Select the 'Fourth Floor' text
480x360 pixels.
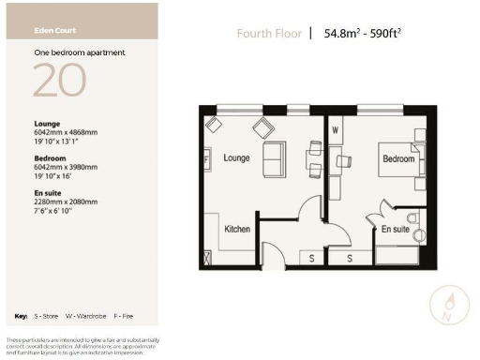[268, 36]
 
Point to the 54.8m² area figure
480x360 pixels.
[343, 36]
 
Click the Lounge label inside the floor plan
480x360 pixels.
[237, 158]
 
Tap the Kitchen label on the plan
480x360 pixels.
[238, 229]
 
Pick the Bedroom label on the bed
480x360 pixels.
[397, 159]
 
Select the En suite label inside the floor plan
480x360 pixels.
[394, 229]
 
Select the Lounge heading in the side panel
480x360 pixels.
[47, 124]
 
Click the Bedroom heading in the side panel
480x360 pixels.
[49, 157]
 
